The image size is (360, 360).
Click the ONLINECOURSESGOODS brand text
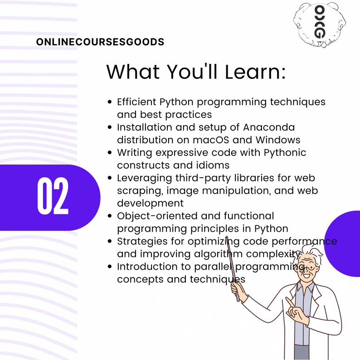[x=100, y=42]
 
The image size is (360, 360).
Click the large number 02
[x=53, y=197]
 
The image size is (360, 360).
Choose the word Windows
[x=279, y=139]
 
